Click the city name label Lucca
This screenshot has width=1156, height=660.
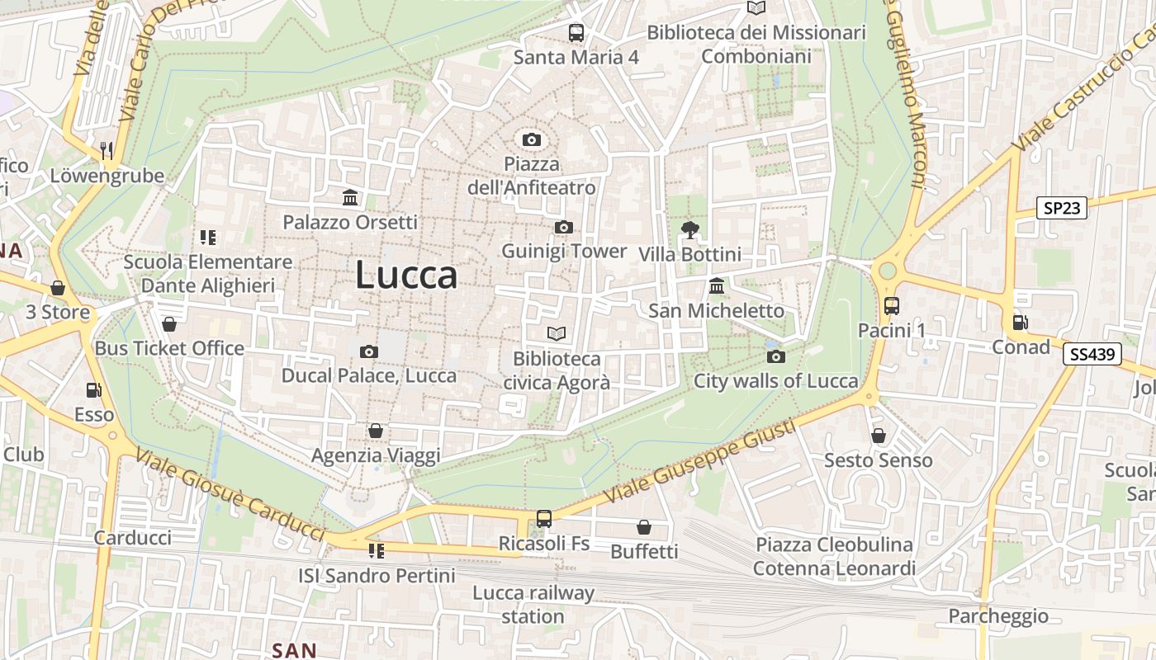click(406, 275)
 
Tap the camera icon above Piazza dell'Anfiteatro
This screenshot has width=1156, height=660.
click(532, 139)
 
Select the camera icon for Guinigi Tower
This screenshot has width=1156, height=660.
click(564, 227)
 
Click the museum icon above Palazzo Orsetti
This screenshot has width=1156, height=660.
click(350, 198)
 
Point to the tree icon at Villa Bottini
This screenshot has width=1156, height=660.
click(689, 229)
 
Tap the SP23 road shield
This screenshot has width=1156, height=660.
click(1062, 208)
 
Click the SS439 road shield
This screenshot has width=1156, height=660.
click(1092, 355)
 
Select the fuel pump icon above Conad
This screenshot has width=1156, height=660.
click(1021, 323)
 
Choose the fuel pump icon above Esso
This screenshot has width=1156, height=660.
click(94, 390)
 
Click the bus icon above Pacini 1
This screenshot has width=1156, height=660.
click(891, 306)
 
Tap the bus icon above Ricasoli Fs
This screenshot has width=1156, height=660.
click(543, 519)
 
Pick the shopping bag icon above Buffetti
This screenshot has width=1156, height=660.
click(644, 527)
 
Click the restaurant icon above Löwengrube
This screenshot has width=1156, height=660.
click(107, 150)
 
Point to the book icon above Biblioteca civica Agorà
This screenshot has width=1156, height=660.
click(557, 334)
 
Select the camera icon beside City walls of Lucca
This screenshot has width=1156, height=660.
click(775, 356)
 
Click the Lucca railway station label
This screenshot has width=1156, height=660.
click(533, 604)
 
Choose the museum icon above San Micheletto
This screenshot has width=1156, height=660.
click(716, 286)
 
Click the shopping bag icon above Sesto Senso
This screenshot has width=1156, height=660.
click(879, 435)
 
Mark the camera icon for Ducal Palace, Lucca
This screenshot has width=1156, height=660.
click(369, 351)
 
